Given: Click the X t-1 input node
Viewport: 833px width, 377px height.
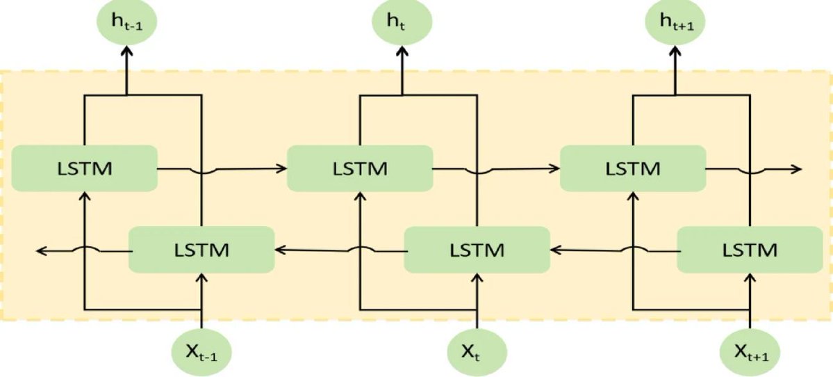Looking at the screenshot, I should pyautogui.click(x=201, y=353).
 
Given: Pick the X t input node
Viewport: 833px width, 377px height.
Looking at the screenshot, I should pyautogui.click(x=477, y=353).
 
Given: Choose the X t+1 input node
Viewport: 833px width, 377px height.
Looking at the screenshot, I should pyautogui.click(x=750, y=353).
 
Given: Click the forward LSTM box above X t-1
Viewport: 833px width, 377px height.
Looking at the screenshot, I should pyautogui.click(x=83, y=168).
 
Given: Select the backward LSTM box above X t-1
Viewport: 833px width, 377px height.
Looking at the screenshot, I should pyautogui.click(x=201, y=248).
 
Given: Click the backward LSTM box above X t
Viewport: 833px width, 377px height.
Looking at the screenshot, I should pyautogui.click(x=476, y=248).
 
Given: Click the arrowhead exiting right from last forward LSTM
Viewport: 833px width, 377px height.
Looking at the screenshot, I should pyautogui.click(x=797, y=169).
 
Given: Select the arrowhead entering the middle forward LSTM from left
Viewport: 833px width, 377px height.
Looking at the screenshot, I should pyautogui.click(x=283, y=168).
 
